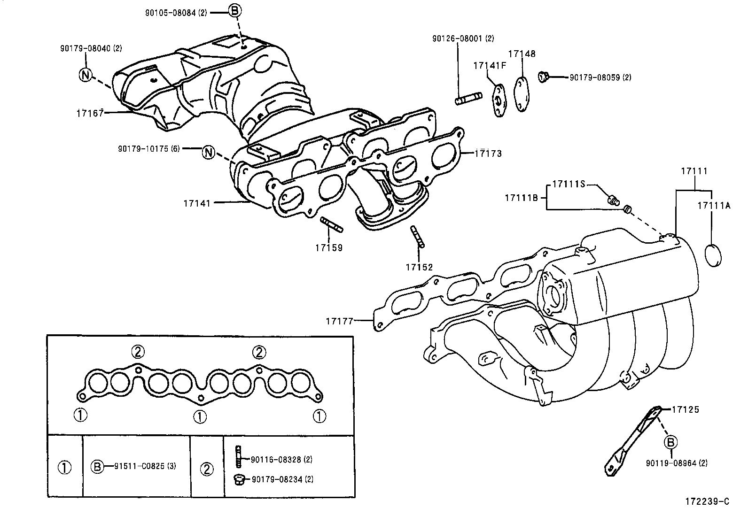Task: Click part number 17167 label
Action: tap(90, 113)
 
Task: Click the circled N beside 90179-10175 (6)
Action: tap(209, 152)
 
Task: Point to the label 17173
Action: tap(488, 154)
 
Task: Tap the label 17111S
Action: tap(568, 185)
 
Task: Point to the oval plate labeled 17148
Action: tap(522, 94)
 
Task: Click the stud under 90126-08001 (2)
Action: tap(468, 99)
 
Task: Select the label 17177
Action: tap(339, 321)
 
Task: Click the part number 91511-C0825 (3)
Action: tap(145, 466)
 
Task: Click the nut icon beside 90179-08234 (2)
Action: tap(238, 479)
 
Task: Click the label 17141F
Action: tap(490, 66)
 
